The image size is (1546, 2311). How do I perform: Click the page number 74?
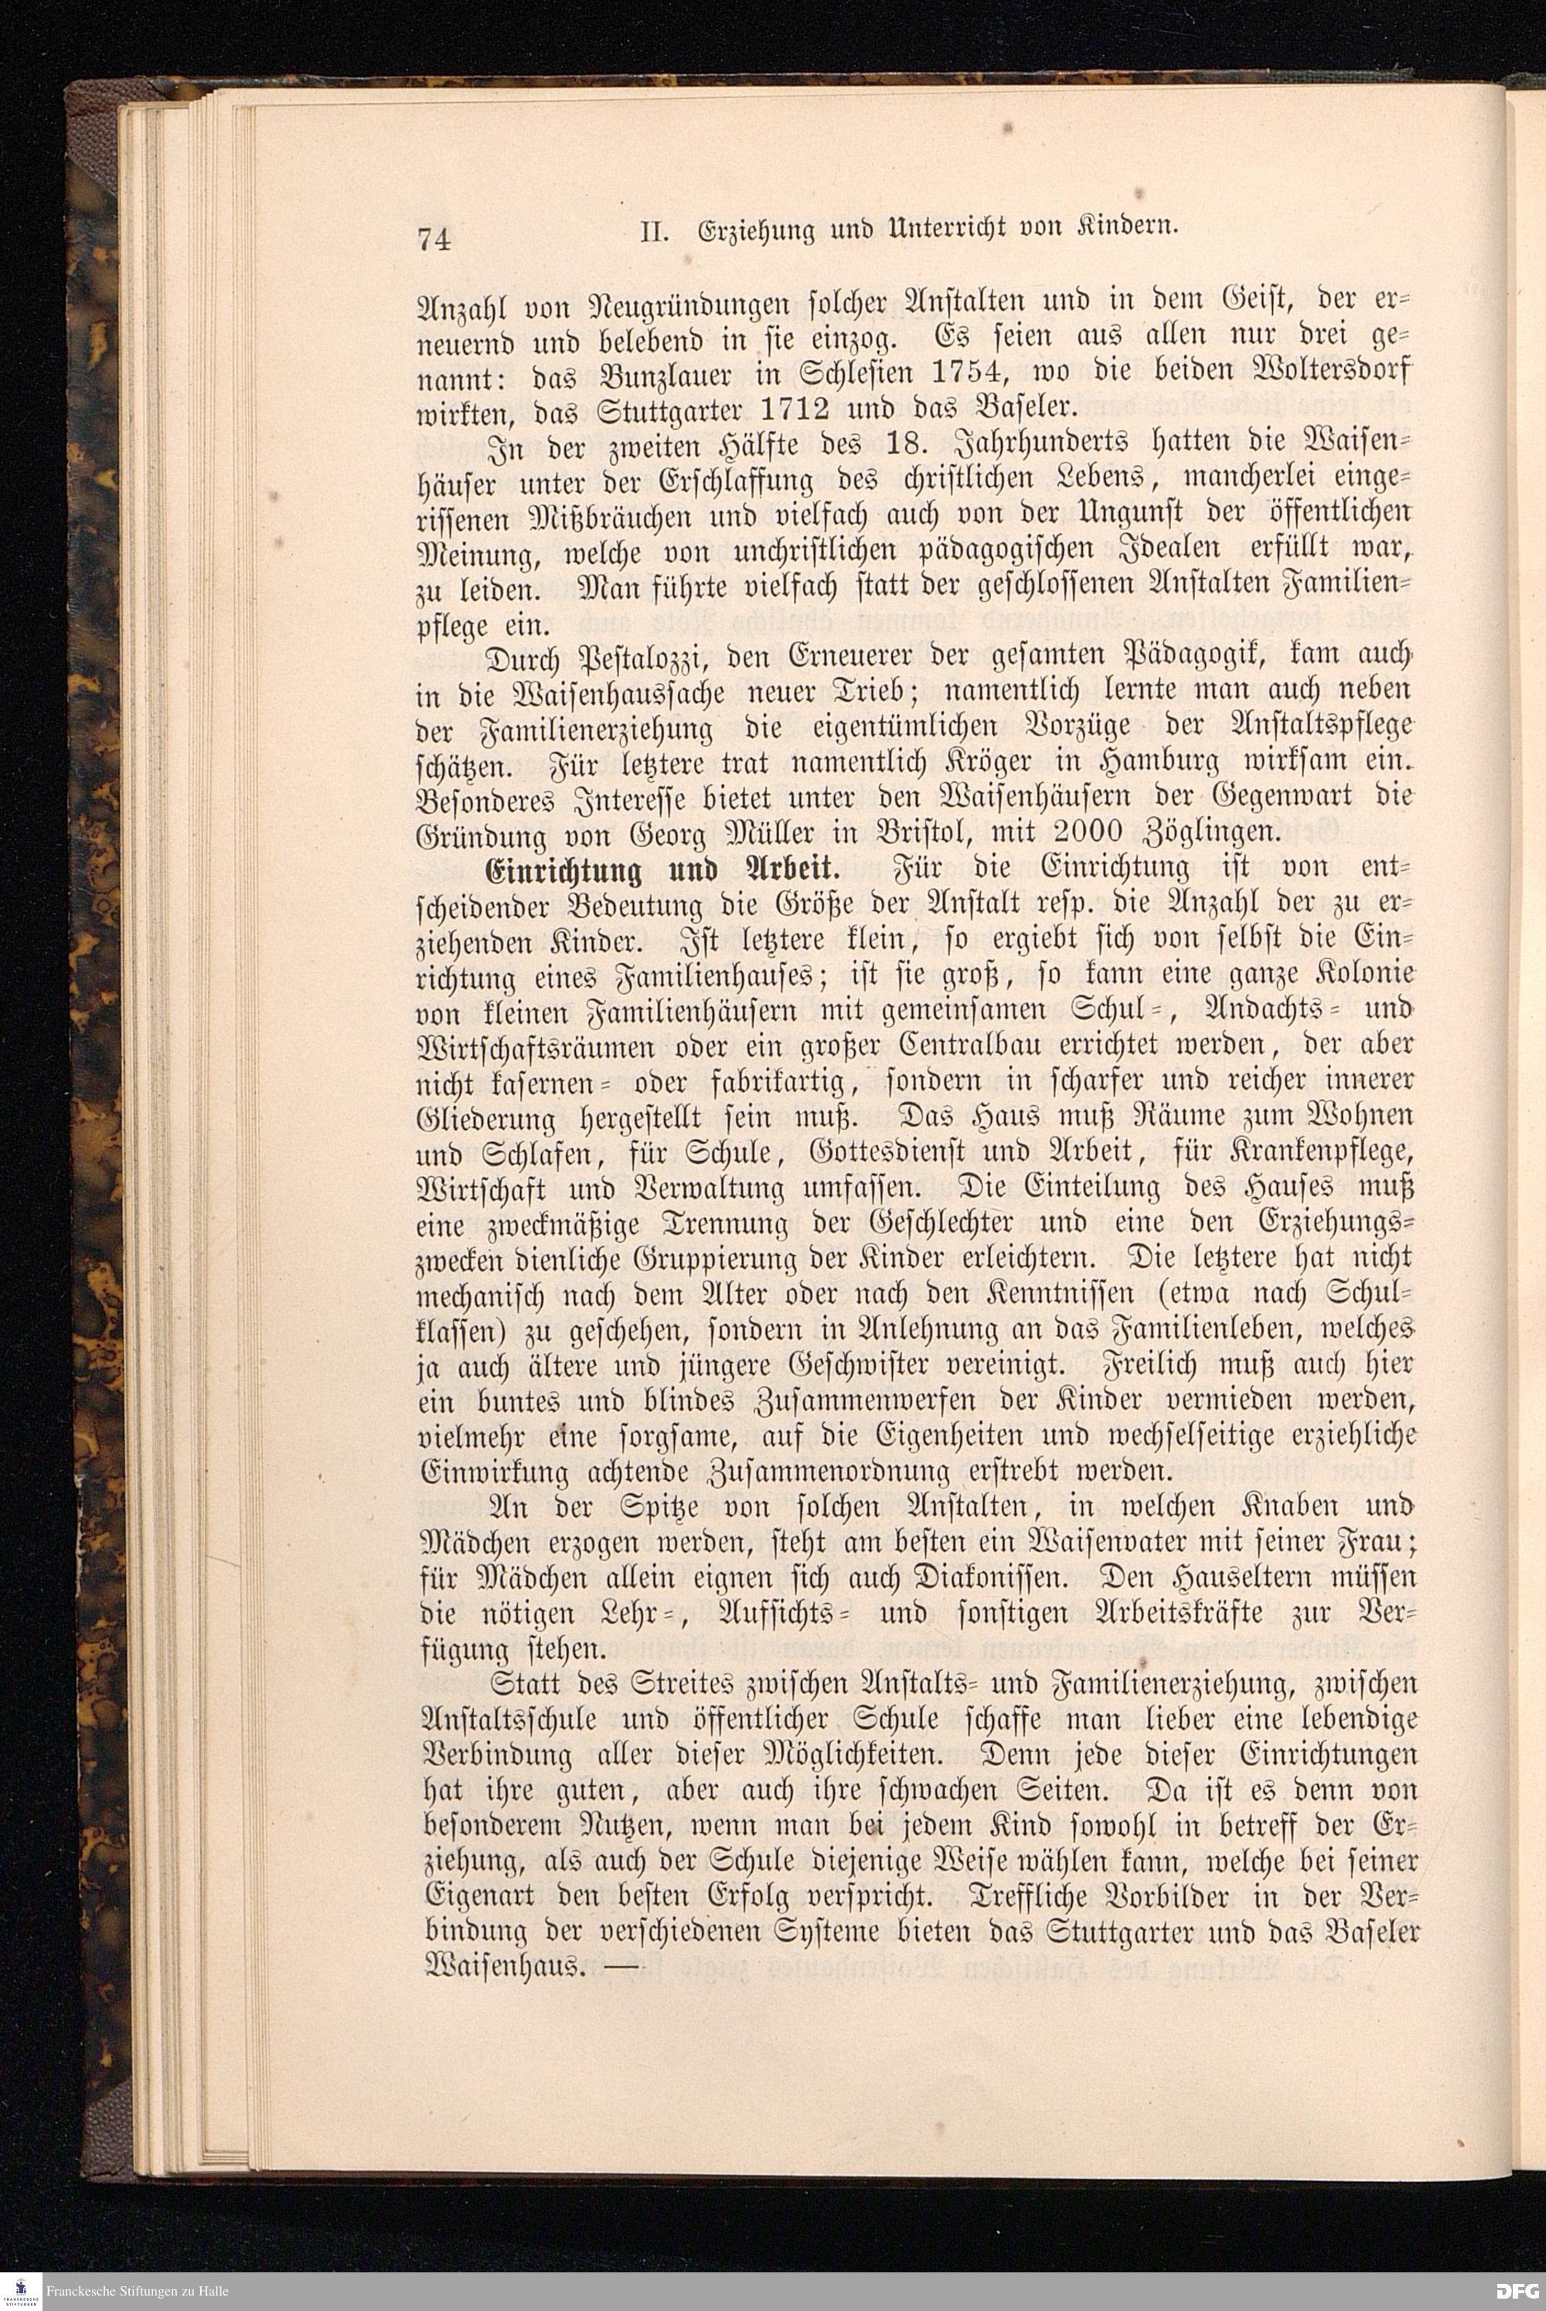tap(434, 239)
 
